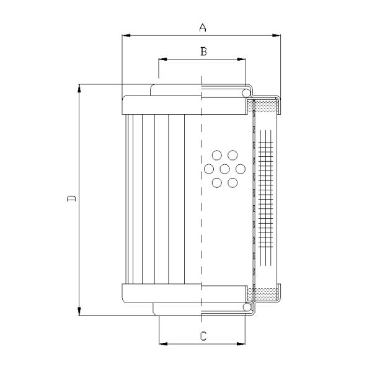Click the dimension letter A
[203, 27]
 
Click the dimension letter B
[203, 51]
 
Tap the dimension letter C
[203, 336]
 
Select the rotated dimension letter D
[71, 198]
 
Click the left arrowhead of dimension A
[126, 35]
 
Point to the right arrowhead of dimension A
[277, 35]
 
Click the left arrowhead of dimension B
[162, 59]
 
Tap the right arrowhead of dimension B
[241, 59]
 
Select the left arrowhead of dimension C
[163, 343]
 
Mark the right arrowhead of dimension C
[241, 343]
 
